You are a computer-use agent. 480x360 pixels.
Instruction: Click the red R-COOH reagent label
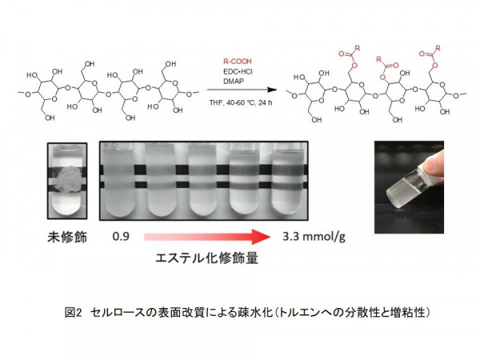pos(238,62)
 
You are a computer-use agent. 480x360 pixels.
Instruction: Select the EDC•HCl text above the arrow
pos(238,72)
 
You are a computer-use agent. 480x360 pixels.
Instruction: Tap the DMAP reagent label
pos(234,82)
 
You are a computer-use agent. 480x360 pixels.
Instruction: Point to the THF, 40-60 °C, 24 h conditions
pos(241,102)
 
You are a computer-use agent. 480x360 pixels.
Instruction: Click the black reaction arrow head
pos(272,90)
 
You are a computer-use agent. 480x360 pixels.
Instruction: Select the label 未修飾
pos(67,237)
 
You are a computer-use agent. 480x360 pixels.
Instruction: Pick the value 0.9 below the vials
pos(121,236)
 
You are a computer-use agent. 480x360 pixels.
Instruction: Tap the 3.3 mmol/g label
pos(314,237)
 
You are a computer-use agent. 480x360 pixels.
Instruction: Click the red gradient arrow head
pos(261,237)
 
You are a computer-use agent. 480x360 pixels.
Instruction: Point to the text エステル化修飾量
pos(207,258)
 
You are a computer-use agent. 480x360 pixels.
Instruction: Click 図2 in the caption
pos(74,313)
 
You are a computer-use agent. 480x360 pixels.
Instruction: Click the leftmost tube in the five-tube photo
pos(119,180)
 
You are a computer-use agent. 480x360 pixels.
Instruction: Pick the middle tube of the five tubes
pos(202,180)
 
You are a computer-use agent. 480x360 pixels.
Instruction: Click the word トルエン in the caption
pos(298,313)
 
